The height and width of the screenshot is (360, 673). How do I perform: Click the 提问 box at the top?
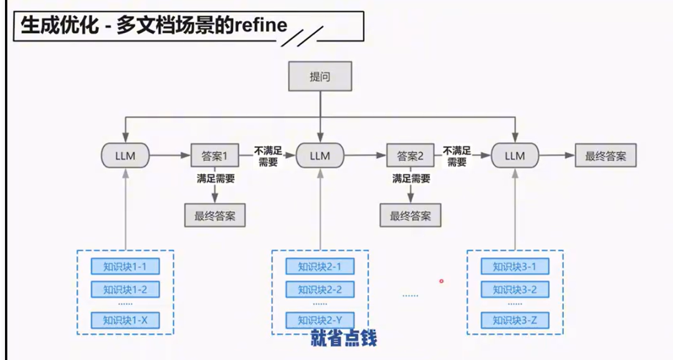coord(320,77)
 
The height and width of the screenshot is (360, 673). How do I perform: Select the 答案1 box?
coord(215,156)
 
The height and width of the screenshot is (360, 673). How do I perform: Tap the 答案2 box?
coord(411,156)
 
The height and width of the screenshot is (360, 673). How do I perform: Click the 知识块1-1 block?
coord(125,267)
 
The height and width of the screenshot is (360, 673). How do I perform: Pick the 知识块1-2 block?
coord(125,290)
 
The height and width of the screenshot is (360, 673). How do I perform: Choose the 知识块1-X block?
coord(125,320)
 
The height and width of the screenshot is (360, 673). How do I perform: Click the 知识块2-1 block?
coord(320,267)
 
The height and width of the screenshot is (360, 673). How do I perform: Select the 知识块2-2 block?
coord(320,290)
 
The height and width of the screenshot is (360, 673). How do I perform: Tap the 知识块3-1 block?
coord(515,267)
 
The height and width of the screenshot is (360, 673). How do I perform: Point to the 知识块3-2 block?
coord(515,290)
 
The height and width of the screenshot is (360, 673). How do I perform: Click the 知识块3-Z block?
coord(515,320)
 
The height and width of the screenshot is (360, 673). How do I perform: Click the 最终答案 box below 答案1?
coord(215,216)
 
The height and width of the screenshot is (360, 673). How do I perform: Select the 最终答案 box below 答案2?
coord(411,216)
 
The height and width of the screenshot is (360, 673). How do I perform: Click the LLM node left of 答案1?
coord(125,156)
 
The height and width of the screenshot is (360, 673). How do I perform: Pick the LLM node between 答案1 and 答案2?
coord(320,156)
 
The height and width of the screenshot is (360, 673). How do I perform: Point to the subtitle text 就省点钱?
coord(344,338)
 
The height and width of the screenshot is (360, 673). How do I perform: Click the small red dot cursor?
coord(441,281)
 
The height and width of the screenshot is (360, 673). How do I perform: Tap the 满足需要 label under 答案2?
coord(411,179)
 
